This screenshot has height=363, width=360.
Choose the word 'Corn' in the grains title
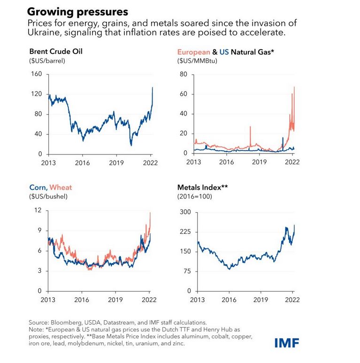(x=38, y=188)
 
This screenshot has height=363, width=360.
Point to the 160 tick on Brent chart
(x=37, y=74)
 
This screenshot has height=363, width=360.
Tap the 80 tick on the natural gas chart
(x=184, y=74)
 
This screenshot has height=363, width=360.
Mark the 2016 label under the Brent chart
(x=83, y=162)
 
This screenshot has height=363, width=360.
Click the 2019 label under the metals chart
(x=260, y=299)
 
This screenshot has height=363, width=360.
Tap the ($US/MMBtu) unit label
(x=197, y=61)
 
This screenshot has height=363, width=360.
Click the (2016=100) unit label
(x=194, y=196)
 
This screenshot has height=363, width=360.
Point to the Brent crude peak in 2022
(x=152, y=87)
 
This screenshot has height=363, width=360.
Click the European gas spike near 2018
(x=250, y=127)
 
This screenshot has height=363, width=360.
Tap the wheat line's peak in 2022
(x=150, y=213)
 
